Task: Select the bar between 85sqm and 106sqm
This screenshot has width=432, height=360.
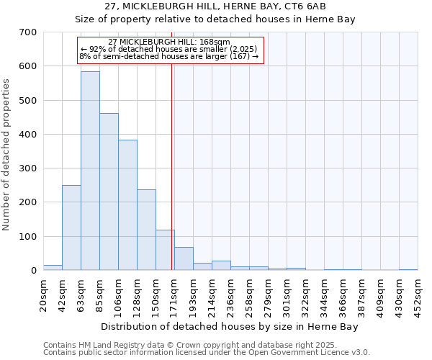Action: pos(109,192)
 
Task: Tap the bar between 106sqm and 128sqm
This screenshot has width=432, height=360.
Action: pos(127,205)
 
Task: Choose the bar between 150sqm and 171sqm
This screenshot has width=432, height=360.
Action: pos(165,250)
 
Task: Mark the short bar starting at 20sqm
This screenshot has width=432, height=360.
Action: pos(53,267)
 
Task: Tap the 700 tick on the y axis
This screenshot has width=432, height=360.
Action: pos(28,32)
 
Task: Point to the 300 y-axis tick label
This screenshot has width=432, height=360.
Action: pos(28,168)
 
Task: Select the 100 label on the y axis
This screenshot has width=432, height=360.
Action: pos(28,236)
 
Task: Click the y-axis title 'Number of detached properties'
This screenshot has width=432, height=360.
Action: pos(6,156)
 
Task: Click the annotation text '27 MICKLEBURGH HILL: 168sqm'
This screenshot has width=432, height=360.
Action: pos(169,42)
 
